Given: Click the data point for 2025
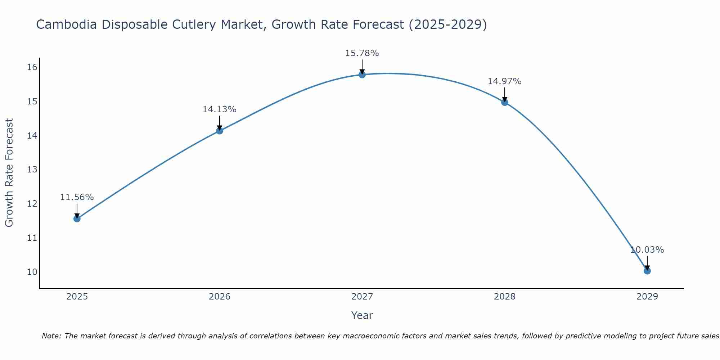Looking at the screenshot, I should (77, 219).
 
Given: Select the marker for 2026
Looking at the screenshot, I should (219, 131).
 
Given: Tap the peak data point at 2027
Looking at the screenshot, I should (362, 75).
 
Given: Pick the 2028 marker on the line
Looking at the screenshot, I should (504, 102).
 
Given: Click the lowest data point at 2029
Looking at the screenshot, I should (647, 271).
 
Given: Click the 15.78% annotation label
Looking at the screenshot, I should (362, 53).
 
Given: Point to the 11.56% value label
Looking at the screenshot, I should (77, 197).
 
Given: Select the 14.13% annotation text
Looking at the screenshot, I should (219, 109).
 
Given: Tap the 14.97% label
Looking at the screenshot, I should (504, 81).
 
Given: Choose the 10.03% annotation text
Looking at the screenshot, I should (647, 250).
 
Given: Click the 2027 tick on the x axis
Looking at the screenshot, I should (362, 297).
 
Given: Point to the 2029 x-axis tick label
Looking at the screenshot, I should (647, 297).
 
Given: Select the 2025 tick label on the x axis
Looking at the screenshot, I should (77, 297).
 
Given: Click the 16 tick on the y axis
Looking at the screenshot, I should (32, 67).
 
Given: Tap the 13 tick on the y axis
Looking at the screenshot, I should (32, 170).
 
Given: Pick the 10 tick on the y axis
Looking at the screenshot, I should (32, 272).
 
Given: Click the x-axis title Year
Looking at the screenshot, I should (362, 315).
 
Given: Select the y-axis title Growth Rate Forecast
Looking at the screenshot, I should (9, 173).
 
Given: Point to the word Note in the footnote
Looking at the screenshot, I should (51, 336).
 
